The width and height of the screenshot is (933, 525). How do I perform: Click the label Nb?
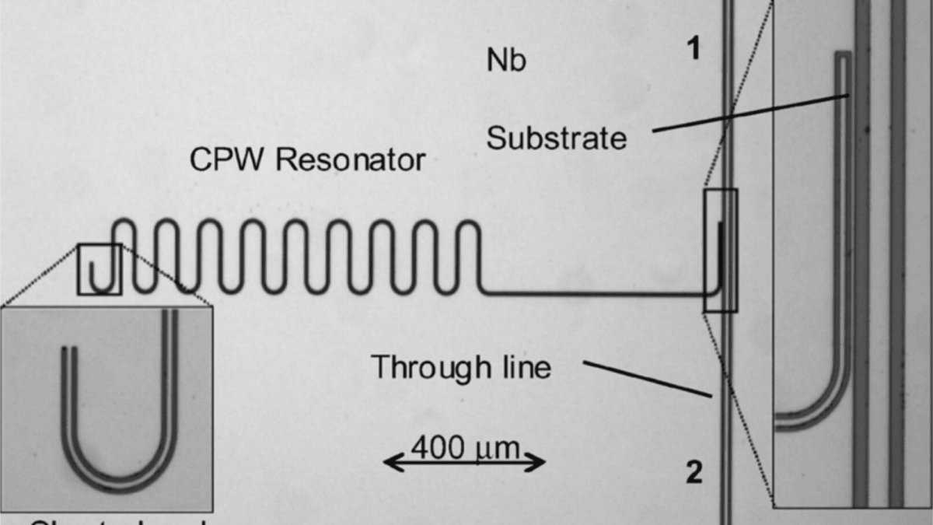[506, 61]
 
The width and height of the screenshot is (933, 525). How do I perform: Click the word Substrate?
[556, 138]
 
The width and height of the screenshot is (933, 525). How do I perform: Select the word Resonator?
[351, 159]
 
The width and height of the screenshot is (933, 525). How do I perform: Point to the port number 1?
[693, 50]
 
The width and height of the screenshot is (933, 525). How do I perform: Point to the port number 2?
[694, 471]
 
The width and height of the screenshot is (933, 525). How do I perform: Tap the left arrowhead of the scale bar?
[389, 464]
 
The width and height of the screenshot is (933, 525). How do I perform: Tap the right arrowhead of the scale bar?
[541, 464]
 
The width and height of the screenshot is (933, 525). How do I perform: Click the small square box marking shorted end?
[99, 269]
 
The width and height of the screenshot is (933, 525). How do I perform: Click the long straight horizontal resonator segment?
[591, 293]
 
